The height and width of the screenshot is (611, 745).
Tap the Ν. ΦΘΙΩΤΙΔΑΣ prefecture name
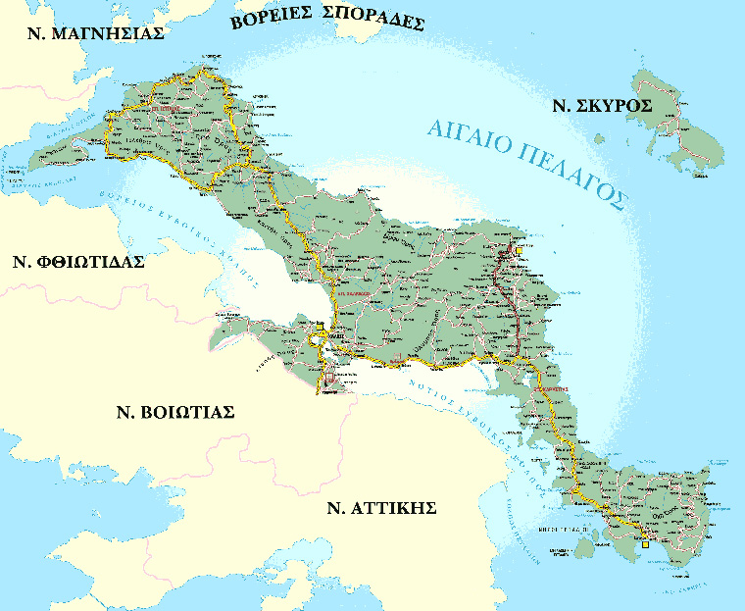(78, 262)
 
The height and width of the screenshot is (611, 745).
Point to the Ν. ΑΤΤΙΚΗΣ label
(381, 508)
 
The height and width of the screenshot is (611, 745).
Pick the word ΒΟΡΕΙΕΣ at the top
(279, 20)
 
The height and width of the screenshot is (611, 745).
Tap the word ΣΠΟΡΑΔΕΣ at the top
(376, 21)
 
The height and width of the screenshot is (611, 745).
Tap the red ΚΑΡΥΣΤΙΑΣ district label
(552, 390)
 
